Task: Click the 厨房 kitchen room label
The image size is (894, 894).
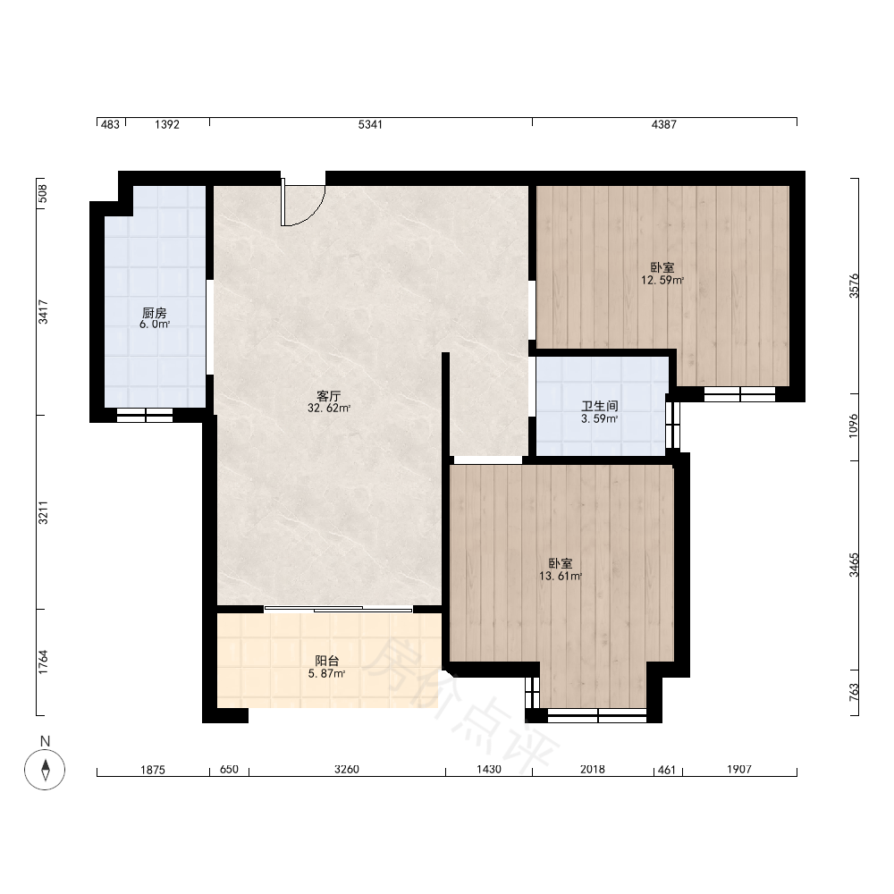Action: [155, 313]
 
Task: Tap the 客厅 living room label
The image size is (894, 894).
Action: [328, 396]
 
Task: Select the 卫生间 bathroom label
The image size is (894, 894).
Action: [600, 407]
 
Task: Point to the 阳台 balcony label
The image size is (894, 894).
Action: [327, 661]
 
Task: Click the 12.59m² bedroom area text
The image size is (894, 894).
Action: [662, 281]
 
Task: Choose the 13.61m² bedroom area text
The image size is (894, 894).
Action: [561, 577]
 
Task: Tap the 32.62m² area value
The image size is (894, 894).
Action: [329, 409]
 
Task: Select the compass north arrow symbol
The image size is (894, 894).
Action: [45, 769]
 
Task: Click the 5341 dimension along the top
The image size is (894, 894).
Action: [370, 124]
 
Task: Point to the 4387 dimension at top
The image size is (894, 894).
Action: [663, 124]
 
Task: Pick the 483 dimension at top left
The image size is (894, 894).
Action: [110, 124]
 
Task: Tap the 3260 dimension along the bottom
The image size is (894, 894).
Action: [347, 769]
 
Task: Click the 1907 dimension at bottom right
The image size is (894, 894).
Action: [739, 769]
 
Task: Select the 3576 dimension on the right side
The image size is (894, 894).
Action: [854, 286]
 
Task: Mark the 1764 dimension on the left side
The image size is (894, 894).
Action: [43, 662]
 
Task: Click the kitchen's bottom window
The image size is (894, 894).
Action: [145, 415]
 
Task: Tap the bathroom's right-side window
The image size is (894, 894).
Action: [673, 426]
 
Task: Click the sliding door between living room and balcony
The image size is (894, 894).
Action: [338, 610]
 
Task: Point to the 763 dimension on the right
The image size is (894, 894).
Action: [854, 692]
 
